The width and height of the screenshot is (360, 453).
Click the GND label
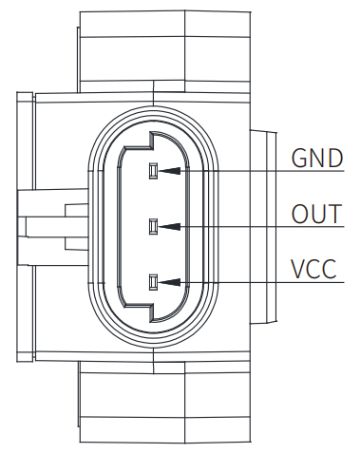[316, 158]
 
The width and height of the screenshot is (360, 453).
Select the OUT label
[316, 214]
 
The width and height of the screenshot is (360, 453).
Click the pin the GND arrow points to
[153, 172]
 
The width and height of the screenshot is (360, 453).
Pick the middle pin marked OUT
[153, 227]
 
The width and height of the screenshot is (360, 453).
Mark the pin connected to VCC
[153, 282]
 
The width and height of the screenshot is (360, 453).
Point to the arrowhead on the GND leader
[168, 172]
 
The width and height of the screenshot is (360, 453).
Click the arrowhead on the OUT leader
[168, 227]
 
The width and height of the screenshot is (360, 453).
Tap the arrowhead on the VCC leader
[168, 282]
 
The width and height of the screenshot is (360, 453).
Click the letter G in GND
[298, 158]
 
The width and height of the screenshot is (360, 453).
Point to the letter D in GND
[334, 158]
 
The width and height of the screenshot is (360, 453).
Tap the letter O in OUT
[299, 214]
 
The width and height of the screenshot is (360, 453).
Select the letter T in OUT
[333, 214]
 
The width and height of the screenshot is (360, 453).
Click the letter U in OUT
[317, 214]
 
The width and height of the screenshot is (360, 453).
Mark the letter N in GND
[316, 158]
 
